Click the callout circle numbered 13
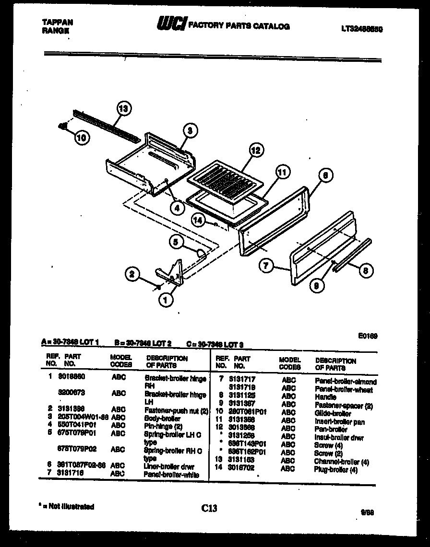(x=124, y=109)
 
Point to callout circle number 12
(x=256, y=151)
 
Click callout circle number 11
(x=283, y=172)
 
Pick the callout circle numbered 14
(x=199, y=220)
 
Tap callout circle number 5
(x=176, y=243)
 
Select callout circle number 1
(x=165, y=300)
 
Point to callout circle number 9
(x=316, y=286)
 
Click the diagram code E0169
(x=368, y=336)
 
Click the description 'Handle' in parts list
(x=325, y=397)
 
